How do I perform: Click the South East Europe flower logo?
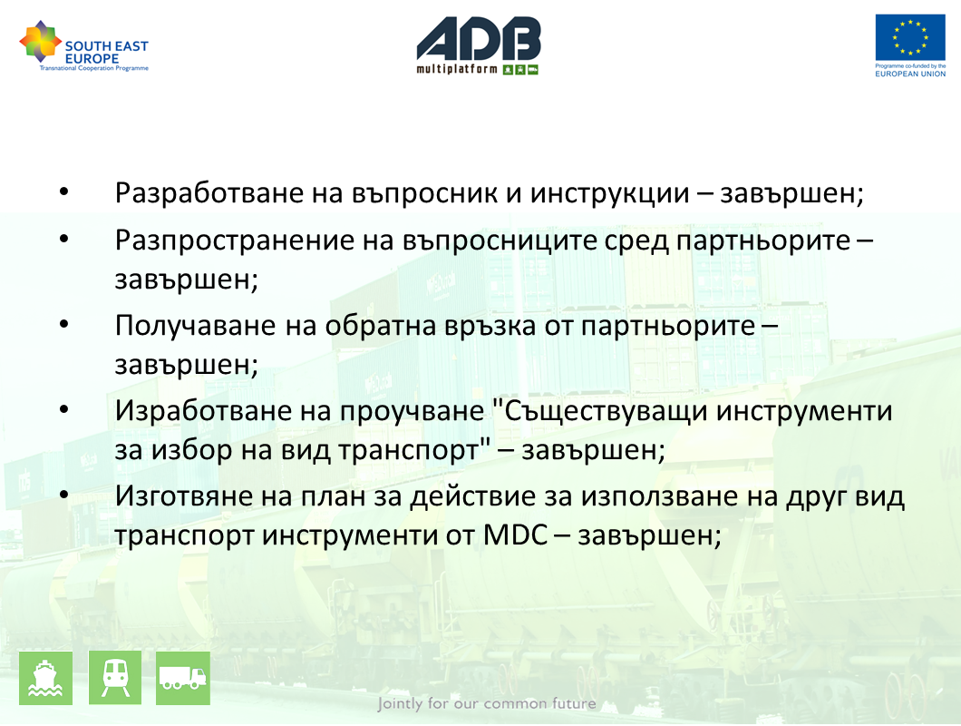coord(41,41)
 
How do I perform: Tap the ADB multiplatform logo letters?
coord(479,38)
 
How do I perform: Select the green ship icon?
coord(46,678)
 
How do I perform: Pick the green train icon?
coord(115,678)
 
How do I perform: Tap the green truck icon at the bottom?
coord(183,678)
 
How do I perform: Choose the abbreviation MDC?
coord(515,535)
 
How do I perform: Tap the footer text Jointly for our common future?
coord(487,703)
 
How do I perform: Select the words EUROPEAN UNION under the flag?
coord(910,74)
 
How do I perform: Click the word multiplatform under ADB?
coord(457,69)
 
